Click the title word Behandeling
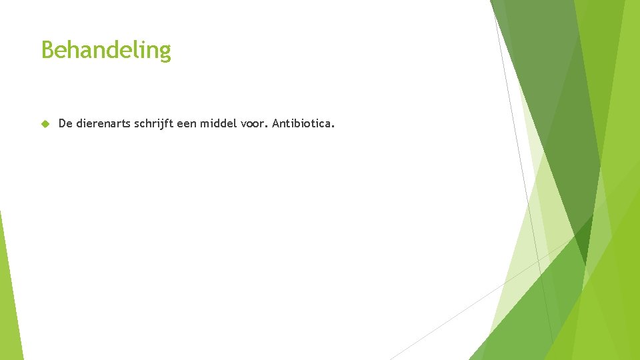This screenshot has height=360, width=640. click(x=106, y=50)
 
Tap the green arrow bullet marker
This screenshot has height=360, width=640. click(x=45, y=123)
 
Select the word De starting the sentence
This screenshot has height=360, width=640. click(x=65, y=123)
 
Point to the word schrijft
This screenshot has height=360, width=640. click(x=157, y=123)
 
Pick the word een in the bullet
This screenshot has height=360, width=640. click(x=187, y=123)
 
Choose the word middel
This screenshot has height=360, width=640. click(x=219, y=123)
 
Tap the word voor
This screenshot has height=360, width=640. click(x=253, y=123)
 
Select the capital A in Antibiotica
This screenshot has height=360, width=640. click(x=276, y=123)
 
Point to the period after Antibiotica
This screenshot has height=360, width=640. click(x=333, y=127)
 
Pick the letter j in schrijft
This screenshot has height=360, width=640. click(x=165, y=124)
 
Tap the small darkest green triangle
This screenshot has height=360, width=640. click(x=582, y=240)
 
